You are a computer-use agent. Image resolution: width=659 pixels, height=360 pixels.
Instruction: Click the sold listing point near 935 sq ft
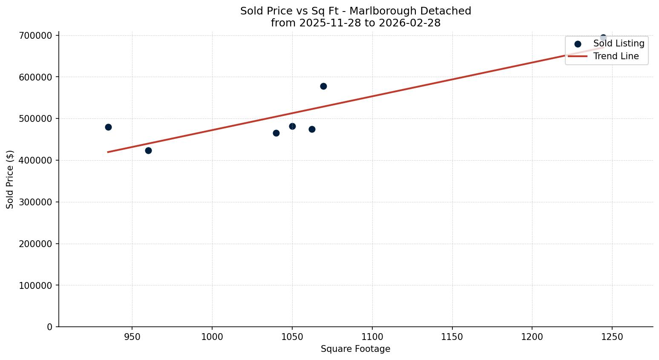coord(108,127)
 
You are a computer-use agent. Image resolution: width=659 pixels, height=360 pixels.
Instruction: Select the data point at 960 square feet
coord(148,150)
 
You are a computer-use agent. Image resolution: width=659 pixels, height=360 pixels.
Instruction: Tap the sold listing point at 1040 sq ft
coord(276,133)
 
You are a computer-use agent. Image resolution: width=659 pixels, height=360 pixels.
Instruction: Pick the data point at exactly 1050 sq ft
coord(292,126)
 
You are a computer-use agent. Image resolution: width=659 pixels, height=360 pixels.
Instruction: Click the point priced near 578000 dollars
coord(323,86)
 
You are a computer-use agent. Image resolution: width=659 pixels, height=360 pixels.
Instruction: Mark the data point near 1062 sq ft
coord(312,129)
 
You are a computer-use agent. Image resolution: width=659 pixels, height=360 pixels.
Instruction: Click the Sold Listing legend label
coord(619,43)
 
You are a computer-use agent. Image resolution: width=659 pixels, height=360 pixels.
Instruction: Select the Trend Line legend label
coord(616,56)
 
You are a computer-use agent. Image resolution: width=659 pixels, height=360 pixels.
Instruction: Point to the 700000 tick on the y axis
coord(36,35)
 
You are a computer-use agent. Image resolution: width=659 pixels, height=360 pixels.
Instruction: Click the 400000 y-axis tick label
coord(36,160)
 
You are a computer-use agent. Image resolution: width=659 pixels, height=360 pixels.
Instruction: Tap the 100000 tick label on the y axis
coord(36,285)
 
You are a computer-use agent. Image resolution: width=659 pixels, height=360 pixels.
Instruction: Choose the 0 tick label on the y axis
coord(50,327)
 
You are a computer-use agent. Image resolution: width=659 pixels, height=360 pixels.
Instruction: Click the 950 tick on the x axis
coord(132,337)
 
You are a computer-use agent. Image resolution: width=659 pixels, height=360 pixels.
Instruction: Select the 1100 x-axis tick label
coord(372,337)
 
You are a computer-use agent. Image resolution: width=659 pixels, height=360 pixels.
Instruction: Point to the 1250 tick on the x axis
coord(612,337)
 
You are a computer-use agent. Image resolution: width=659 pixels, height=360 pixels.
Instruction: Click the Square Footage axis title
coord(355,349)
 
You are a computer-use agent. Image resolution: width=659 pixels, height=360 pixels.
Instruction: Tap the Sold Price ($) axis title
coord(10,179)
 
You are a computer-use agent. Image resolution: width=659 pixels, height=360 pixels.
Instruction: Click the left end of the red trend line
coord(108,152)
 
